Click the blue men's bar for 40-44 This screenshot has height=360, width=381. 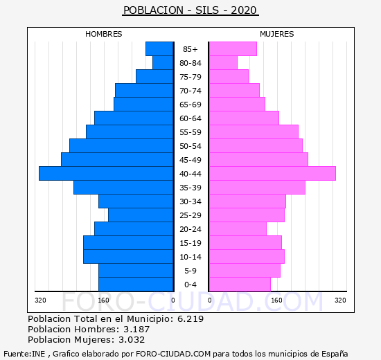(106, 174)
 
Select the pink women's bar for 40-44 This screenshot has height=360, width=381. (273, 174)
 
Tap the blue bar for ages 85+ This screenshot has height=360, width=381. (159, 49)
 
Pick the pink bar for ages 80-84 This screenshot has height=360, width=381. (223, 63)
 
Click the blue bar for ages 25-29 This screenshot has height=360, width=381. (141, 215)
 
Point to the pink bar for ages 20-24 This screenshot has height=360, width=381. (238, 229)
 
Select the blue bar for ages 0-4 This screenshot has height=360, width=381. (136, 285)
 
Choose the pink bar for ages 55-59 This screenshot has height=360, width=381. (254, 132)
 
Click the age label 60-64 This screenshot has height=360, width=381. (190, 118)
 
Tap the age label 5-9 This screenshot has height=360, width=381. (190, 271)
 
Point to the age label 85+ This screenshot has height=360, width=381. (190, 49)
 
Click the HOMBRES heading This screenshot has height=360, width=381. (104, 34)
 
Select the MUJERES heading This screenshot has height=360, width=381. (277, 34)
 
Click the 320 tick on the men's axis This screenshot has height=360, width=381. (40, 300)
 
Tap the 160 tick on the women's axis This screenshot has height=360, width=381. (277, 300)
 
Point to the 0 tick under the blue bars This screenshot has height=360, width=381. (173, 300)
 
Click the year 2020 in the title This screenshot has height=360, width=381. (244, 10)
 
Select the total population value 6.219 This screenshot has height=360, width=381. (190, 318)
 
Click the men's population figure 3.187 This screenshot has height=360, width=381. (136, 329)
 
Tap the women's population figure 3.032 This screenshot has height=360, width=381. (132, 340)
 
